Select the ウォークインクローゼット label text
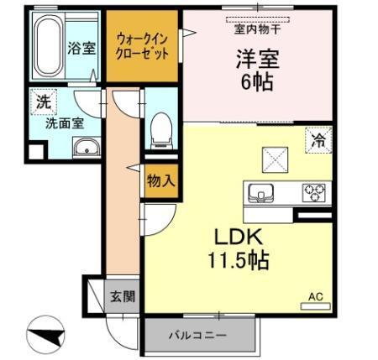(140, 44)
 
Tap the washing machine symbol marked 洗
(43, 102)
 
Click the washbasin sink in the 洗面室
(84, 149)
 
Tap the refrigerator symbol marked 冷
(318, 140)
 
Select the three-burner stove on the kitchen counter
(312, 191)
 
